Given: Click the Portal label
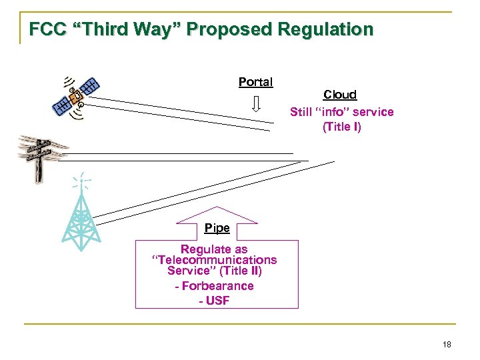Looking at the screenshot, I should pos(255,82).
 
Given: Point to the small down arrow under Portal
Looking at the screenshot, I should pos(255,104).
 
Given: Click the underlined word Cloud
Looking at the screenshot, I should pos(340,95).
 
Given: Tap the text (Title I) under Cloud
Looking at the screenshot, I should pos(341,127).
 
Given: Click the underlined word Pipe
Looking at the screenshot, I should pos(217,228).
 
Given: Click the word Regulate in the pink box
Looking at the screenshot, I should pos(205,249).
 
